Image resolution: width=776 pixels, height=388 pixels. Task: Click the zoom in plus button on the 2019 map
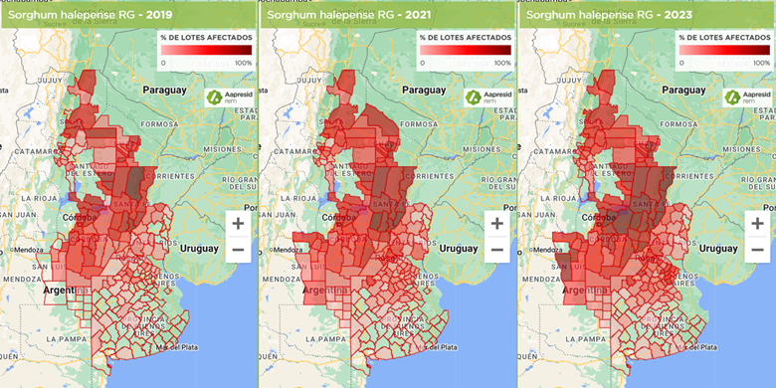(x=238, y=224)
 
